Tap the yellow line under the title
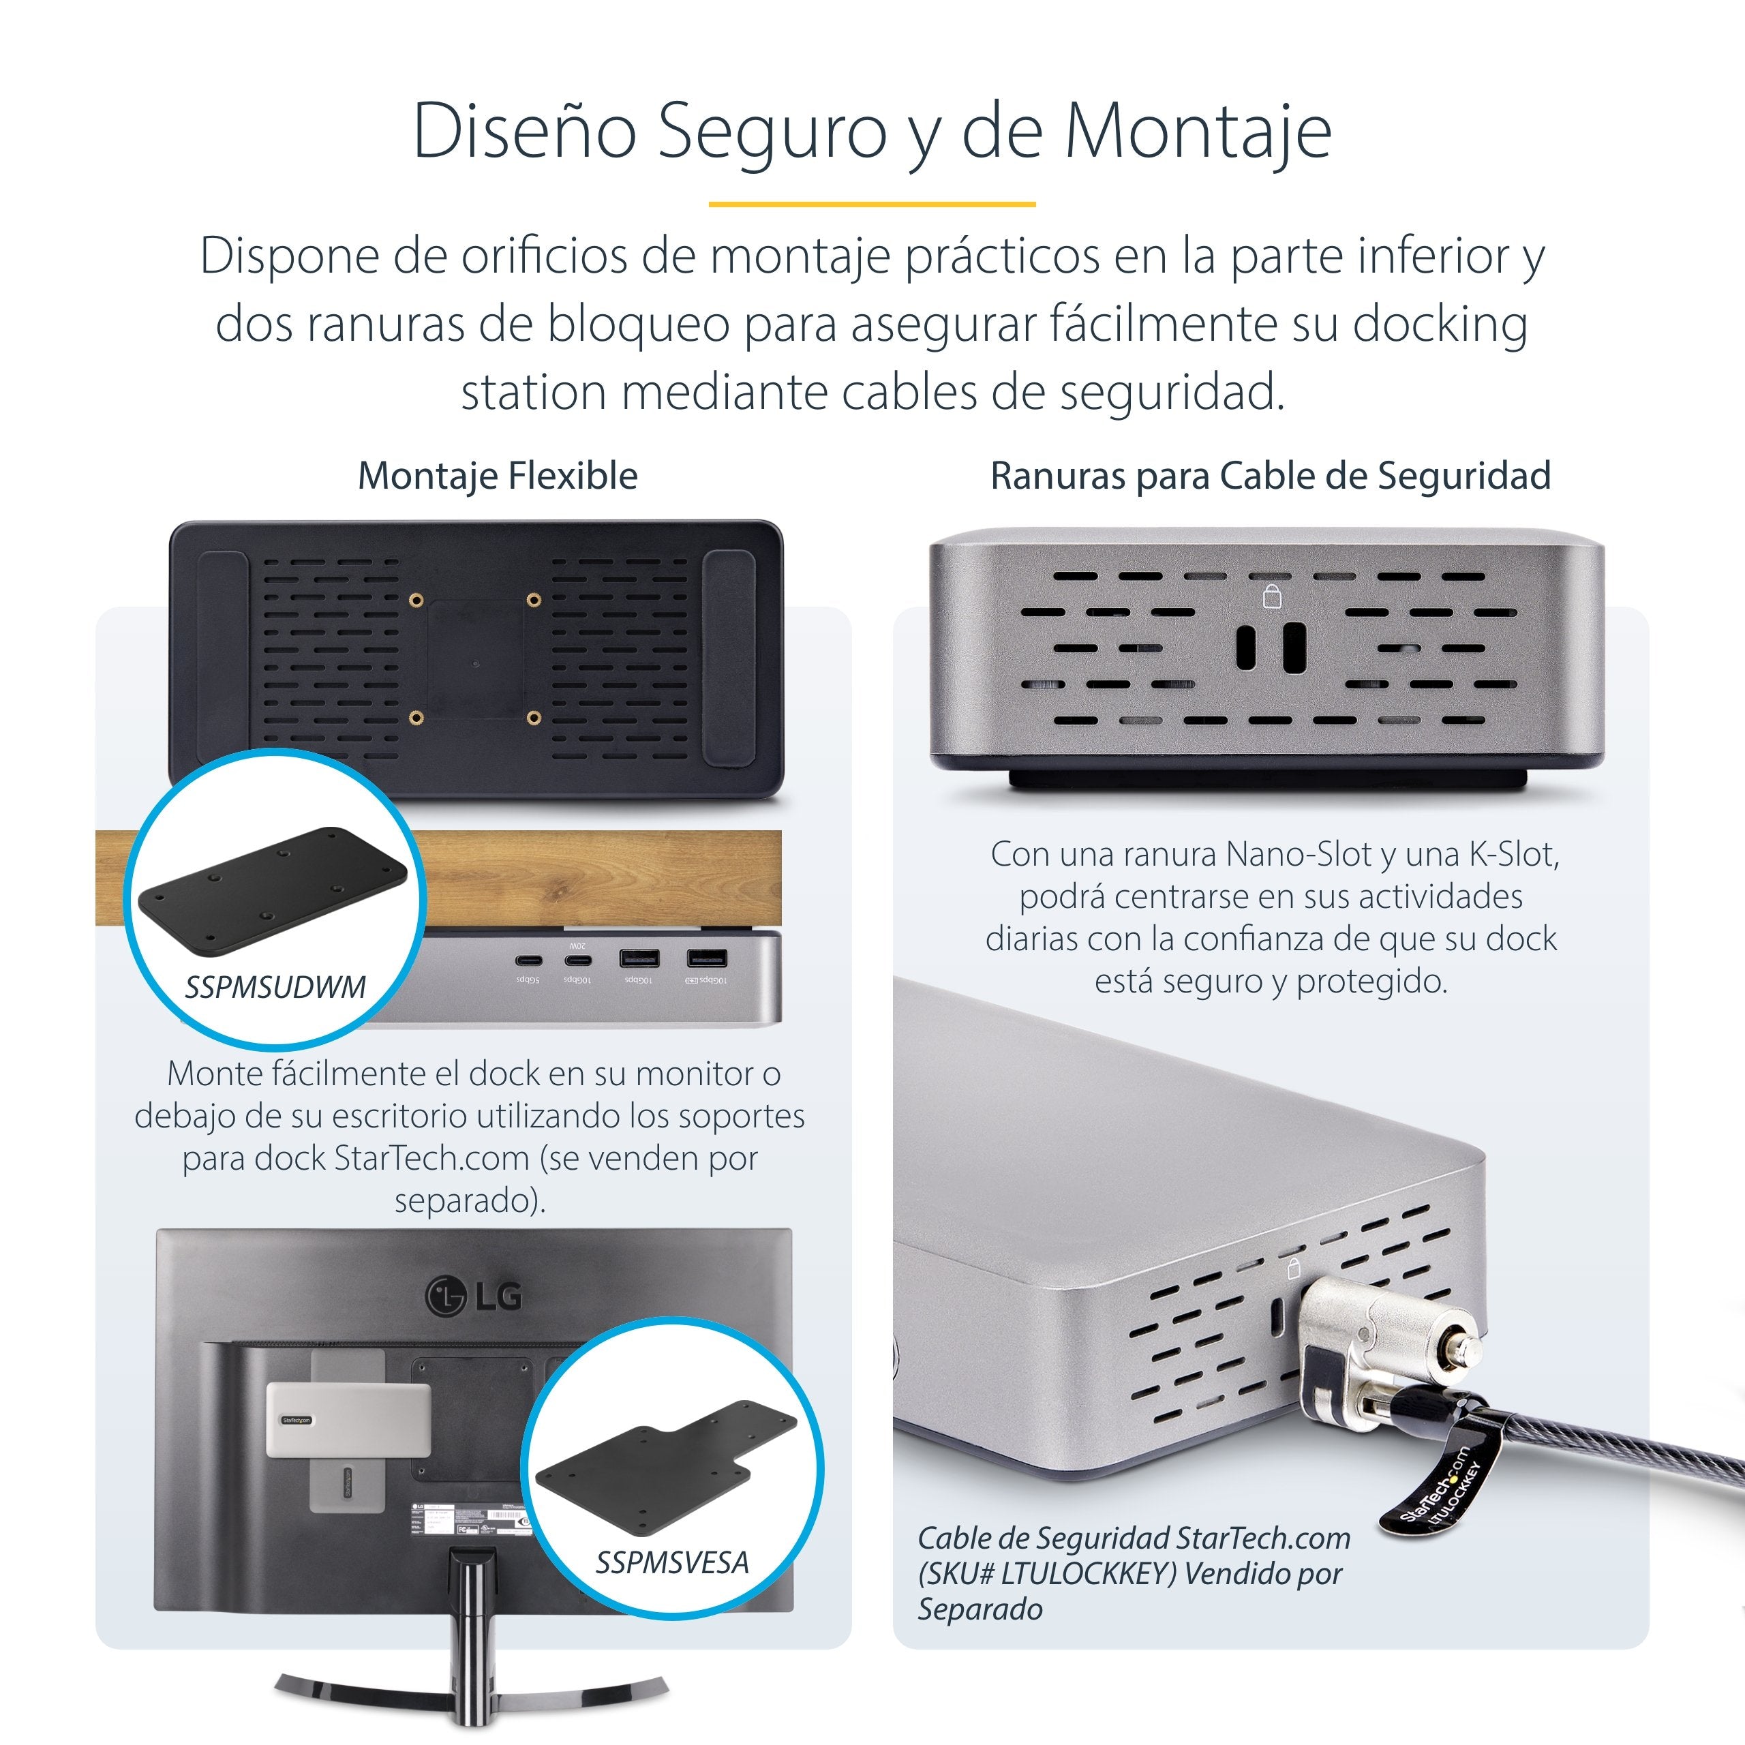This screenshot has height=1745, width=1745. pos(872,204)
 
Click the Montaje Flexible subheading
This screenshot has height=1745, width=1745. pos(498,476)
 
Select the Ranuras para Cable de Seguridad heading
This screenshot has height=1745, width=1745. pos(1270,476)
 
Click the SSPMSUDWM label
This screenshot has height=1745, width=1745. pos(275,987)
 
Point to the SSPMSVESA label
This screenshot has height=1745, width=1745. pos(672,1562)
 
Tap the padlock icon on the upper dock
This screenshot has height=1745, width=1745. pos(1272,596)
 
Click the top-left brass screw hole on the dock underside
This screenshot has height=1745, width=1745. pos(416,600)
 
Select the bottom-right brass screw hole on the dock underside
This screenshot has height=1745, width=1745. pos(534,718)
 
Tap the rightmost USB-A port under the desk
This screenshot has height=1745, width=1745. pos(706,958)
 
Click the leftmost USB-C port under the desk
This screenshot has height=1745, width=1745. pos(528,960)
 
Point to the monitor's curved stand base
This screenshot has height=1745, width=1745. pos(470,1695)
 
